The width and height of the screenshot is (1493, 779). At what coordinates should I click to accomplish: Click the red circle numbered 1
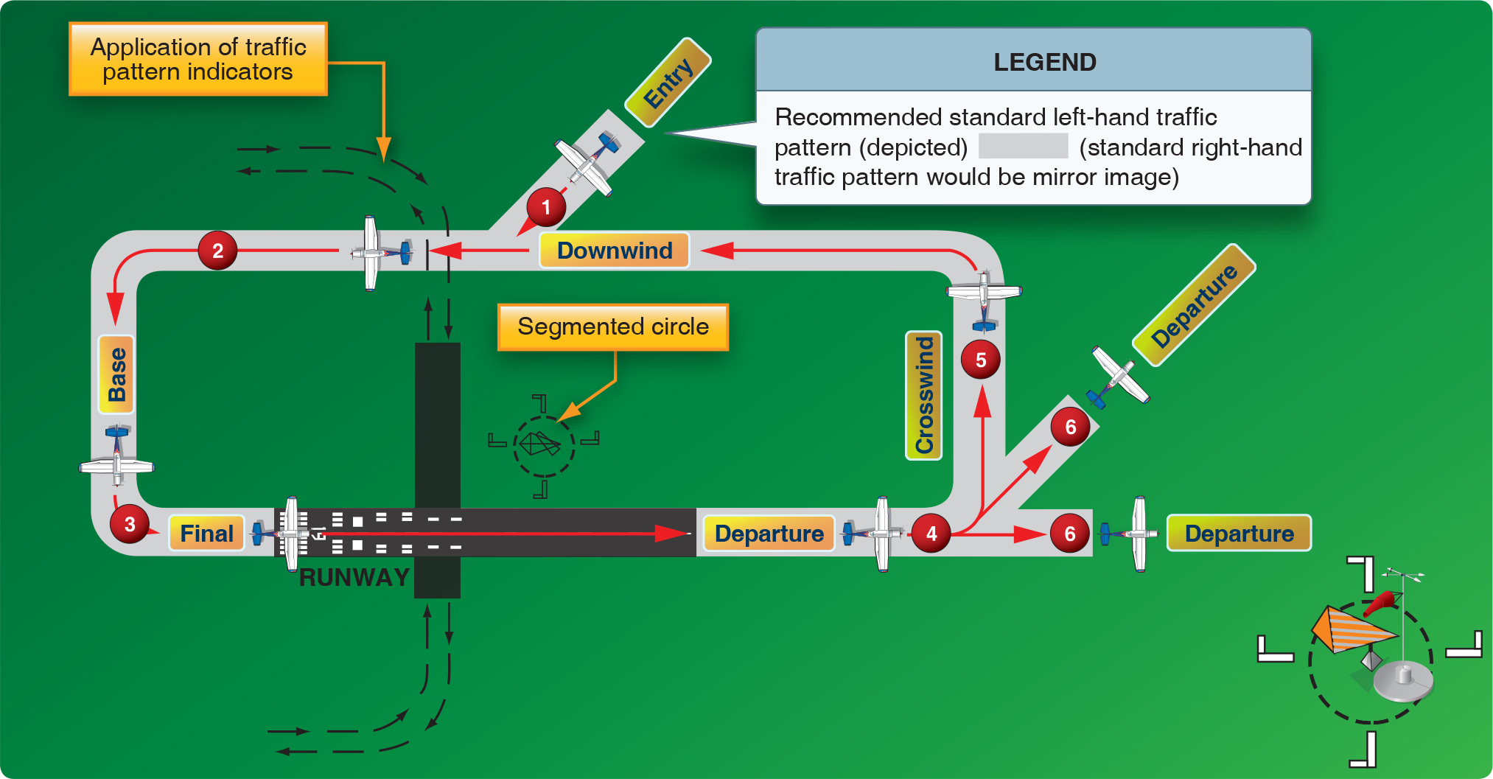pyautogui.click(x=546, y=207)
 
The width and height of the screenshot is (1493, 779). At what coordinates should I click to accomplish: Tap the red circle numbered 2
pyautogui.click(x=217, y=251)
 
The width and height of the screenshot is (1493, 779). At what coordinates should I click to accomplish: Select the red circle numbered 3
pyautogui.click(x=130, y=524)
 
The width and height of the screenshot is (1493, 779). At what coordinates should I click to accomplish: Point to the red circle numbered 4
pyautogui.click(x=931, y=534)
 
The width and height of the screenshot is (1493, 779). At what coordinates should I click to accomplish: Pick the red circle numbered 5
pyautogui.click(x=981, y=360)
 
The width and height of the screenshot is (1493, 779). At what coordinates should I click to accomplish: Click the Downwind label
pyautogui.click(x=615, y=251)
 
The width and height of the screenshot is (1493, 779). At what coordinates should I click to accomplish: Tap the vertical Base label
pyautogui.click(x=116, y=374)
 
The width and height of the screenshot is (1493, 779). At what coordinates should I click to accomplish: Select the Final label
pyautogui.click(x=206, y=534)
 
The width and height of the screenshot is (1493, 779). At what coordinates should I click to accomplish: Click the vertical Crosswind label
pyautogui.click(x=924, y=395)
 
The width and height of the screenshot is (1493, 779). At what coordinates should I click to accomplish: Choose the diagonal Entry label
pyautogui.click(x=668, y=83)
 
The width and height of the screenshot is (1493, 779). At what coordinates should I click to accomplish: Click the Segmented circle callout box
pyautogui.click(x=613, y=326)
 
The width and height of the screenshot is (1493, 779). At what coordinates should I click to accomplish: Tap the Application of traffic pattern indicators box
pyautogui.click(x=197, y=59)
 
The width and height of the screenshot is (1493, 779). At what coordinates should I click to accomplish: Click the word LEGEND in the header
pyautogui.click(x=1044, y=62)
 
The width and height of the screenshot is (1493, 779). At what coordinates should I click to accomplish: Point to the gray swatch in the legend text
pyautogui.click(x=1023, y=146)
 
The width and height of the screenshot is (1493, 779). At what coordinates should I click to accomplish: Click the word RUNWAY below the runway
pyautogui.click(x=354, y=577)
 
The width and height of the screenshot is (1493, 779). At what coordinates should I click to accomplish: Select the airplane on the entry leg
pyautogui.click(x=587, y=162)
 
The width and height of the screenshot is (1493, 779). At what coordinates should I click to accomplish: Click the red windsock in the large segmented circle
pyautogui.click(x=1381, y=603)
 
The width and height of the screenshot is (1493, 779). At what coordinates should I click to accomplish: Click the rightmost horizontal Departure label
pyautogui.click(x=1239, y=534)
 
